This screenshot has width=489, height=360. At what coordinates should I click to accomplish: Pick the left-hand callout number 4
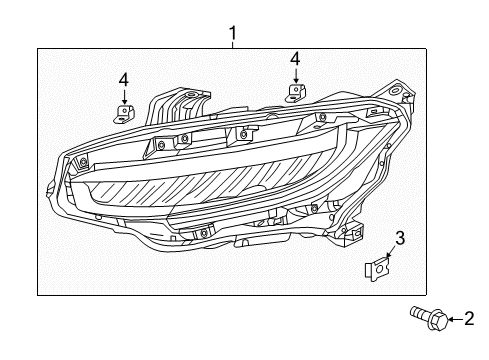pos(124,79)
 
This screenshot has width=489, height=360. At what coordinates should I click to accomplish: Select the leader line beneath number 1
pos(232,46)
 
